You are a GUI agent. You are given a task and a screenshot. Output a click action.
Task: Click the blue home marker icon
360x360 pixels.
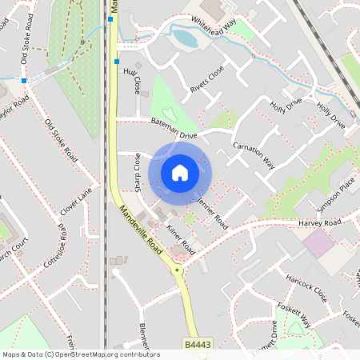(x=180, y=172)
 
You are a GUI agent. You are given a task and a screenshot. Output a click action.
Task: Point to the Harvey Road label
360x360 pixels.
(x=319, y=222)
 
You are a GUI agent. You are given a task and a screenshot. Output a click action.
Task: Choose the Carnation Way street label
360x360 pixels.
(x=254, y=154)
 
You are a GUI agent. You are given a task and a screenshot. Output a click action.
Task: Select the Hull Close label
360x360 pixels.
(x=131, y=81)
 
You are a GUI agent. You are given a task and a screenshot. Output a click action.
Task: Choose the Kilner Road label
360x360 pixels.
(x=180, y=239)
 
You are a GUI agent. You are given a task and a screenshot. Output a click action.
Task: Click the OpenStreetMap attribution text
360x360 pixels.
(x=80, y=354)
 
